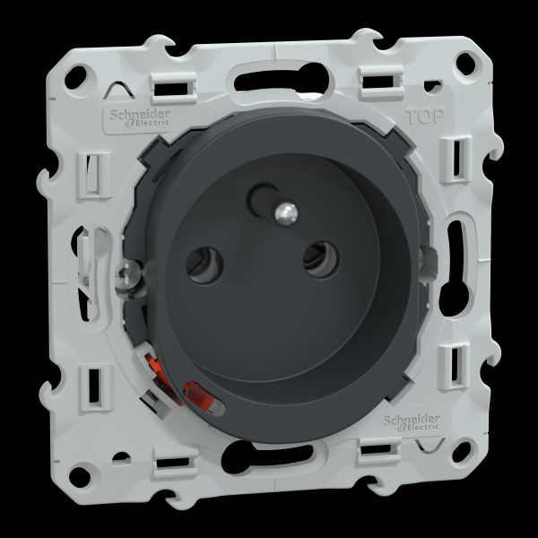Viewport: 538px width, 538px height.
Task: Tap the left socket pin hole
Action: coord(204,265)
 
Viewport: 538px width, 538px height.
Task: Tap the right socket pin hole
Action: coord(322,259)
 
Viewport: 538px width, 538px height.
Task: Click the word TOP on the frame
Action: coord(425,117)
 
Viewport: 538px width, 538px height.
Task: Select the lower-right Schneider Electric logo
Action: coord(412,422)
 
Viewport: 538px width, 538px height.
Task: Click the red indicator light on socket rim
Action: coord(204,397)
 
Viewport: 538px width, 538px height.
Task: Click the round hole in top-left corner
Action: coord(76,77)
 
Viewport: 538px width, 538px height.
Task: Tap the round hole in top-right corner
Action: coord(465,63)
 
